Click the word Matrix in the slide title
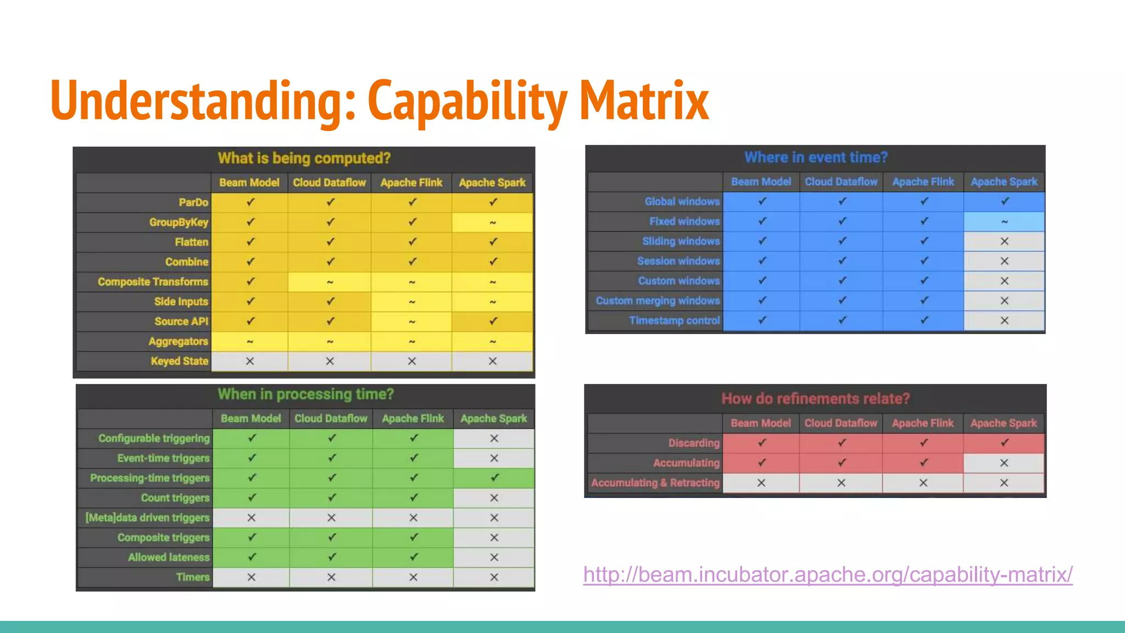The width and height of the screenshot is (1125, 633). point(644,101)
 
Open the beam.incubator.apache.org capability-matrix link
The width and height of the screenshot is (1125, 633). point(827,575)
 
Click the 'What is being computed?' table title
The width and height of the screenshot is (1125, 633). point(304,158)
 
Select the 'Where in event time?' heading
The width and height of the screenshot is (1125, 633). point(816,158)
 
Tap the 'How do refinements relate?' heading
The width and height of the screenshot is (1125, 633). point(815,398)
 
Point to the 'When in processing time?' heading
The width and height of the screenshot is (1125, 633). point(305,394)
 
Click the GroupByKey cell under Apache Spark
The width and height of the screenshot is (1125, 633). point(492,223)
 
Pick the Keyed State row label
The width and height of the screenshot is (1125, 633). point(180,361)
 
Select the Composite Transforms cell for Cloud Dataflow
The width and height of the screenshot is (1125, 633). point(330,282)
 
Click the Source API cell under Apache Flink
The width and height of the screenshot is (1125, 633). point(411,321)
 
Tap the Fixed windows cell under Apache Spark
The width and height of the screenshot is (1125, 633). point(1004,221)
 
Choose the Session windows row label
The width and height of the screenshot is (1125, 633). point(678,261)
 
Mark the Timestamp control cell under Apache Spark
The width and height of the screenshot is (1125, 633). point(1004,320)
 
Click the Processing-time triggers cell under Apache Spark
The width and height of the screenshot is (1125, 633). point(494,478)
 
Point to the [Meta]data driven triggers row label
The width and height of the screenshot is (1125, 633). point(147,518)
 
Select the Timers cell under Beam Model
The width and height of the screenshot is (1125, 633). point(251,577)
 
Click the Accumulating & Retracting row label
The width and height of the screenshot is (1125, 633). point(655,483)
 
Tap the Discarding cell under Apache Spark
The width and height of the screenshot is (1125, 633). point(1004,443)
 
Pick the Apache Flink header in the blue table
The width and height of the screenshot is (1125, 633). point(923,182)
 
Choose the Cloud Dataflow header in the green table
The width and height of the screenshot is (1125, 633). point(331,419)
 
